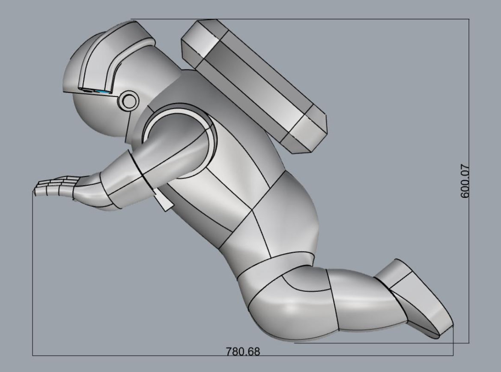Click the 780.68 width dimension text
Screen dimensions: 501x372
click(x=243, y=351)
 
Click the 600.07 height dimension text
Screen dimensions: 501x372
click(x=465, y=181)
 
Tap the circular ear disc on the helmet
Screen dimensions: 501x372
click(x=128, y=101)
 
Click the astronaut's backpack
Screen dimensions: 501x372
click(x=254, y=86)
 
